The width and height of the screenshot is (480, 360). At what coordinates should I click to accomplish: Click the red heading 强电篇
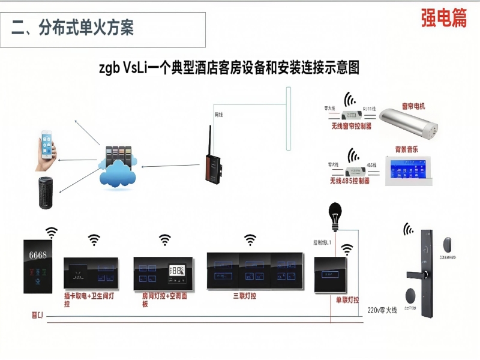click(444, 18)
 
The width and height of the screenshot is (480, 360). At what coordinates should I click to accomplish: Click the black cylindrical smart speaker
click(47, 193)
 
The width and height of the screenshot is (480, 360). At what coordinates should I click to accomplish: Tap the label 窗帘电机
click(413, 106)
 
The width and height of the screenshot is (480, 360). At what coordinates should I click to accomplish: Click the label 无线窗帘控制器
click(351, 127)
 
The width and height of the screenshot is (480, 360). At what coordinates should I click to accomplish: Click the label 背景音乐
click(406, 149)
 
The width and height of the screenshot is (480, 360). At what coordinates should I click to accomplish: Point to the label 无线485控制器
click(349, 181)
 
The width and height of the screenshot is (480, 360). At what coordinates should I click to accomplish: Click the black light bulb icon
click(334, 215)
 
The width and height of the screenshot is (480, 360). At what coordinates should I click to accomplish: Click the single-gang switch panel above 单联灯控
click(331, 274)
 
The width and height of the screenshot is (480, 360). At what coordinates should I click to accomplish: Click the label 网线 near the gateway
click(220, 114)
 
